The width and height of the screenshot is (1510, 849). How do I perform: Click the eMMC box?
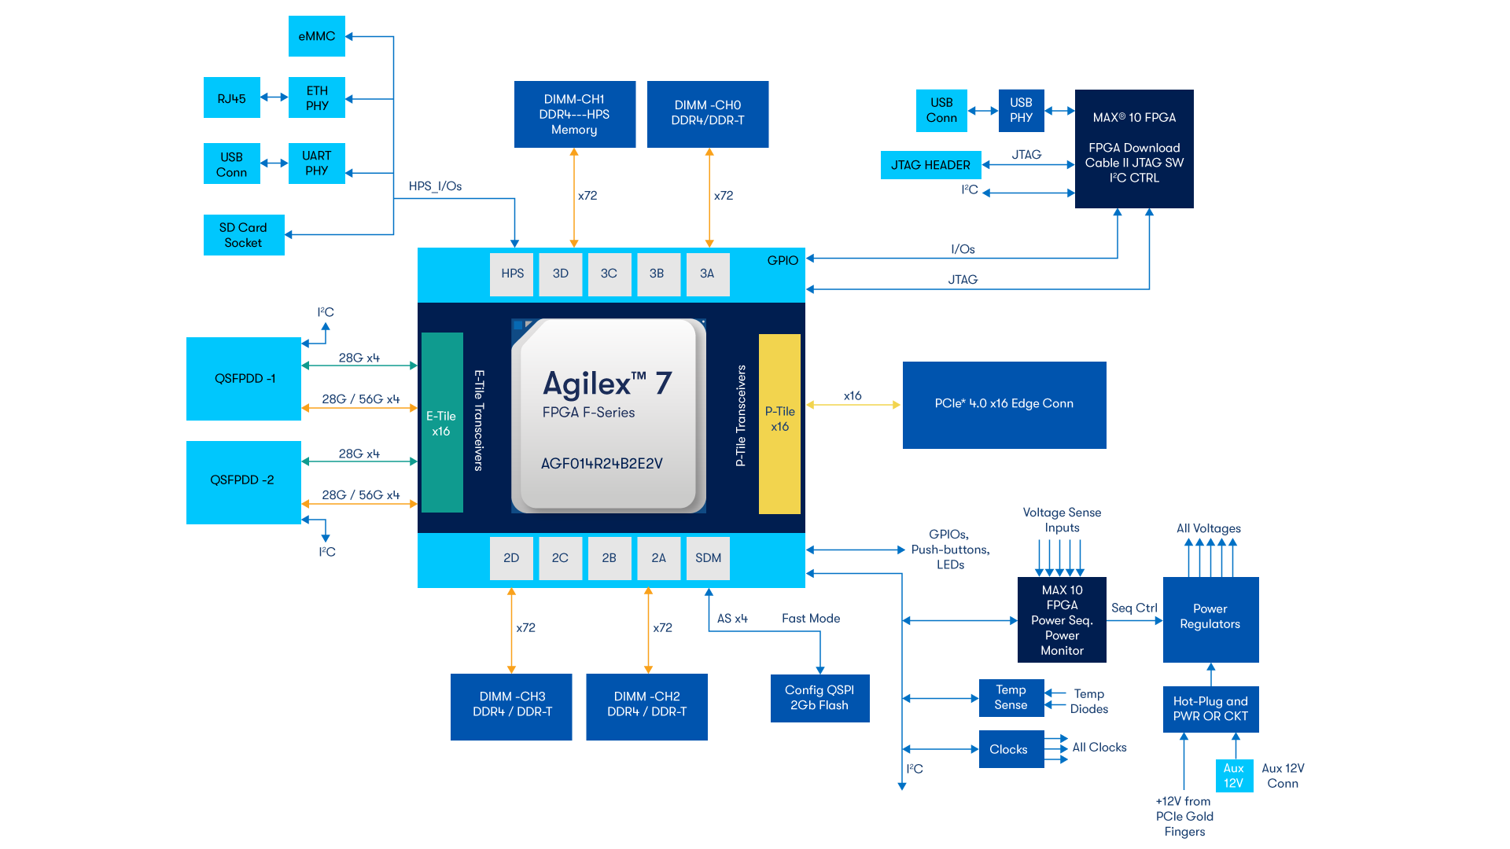coord(316,36)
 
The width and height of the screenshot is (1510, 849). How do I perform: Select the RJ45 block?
coord(231,98)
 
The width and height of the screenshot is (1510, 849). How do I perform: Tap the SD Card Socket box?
coord(244,235)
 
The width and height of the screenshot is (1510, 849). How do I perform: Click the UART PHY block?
coord(316,164)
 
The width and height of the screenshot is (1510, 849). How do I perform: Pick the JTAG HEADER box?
coord(930,165)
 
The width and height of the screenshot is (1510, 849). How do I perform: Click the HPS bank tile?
coord(512,274)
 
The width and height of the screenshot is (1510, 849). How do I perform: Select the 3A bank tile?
coord(707,274)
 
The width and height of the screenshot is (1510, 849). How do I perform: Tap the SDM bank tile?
coord(708,558)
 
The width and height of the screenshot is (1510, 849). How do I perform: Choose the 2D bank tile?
coord(511,558)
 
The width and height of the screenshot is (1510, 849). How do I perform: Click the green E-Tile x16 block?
coord(441,423)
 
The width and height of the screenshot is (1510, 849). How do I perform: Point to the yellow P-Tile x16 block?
coord(779,423)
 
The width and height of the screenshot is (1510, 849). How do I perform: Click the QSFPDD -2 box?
coord(243,481)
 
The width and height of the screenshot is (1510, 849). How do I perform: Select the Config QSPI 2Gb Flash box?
coord(819,698)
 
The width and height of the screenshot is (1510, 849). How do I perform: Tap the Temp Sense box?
coord(1011,698)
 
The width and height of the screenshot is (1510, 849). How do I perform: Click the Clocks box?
coord(1011,749)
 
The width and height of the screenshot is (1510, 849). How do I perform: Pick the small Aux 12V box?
coord(1233,776)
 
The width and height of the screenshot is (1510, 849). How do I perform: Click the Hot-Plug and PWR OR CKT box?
coord(1210,709)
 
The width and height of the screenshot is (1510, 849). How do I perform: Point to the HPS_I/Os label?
coord(435,186)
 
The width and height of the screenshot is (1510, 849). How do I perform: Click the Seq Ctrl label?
coord(1134,608)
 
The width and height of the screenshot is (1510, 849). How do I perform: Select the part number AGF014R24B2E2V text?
coord(602,464)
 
